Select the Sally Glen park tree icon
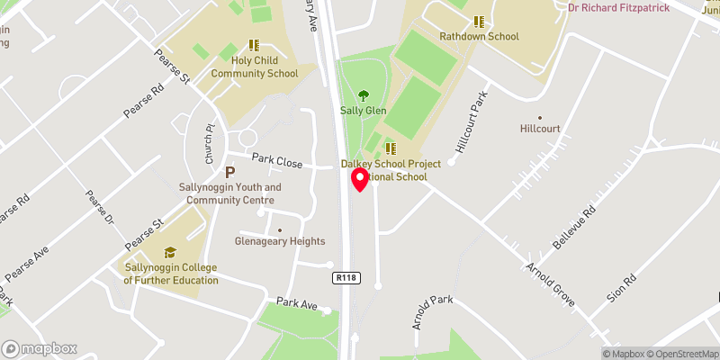(364, 94)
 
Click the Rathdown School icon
(480, 22)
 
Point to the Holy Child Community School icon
(253, 44)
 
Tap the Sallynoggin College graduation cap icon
(170, 253)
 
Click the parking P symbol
(229, 172)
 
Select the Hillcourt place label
(540, 129)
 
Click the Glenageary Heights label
(280, 240)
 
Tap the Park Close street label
(277, 159)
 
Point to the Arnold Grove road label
(551, 278)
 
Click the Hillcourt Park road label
(471, 121)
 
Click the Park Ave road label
(298, 304)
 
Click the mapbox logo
(40, 348)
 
